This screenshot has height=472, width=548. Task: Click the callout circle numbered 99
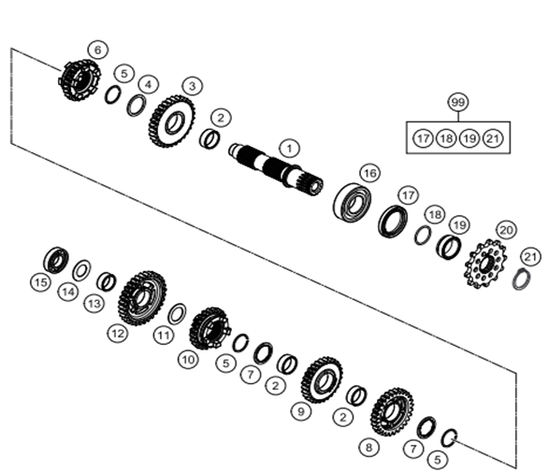tap(458, 103)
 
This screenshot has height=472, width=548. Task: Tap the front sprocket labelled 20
tap(485, 265)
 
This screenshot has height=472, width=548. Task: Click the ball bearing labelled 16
tap(352, 202)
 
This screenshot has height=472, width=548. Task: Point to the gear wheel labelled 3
tap(172, 122)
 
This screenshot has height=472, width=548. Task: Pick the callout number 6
tap(98, 50)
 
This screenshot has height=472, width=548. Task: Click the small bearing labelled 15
tap(56, 260)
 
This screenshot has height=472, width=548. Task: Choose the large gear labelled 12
tap(142, 298)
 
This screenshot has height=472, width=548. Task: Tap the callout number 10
tap(188, 359)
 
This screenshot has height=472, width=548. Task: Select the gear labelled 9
tap(322, 379)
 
